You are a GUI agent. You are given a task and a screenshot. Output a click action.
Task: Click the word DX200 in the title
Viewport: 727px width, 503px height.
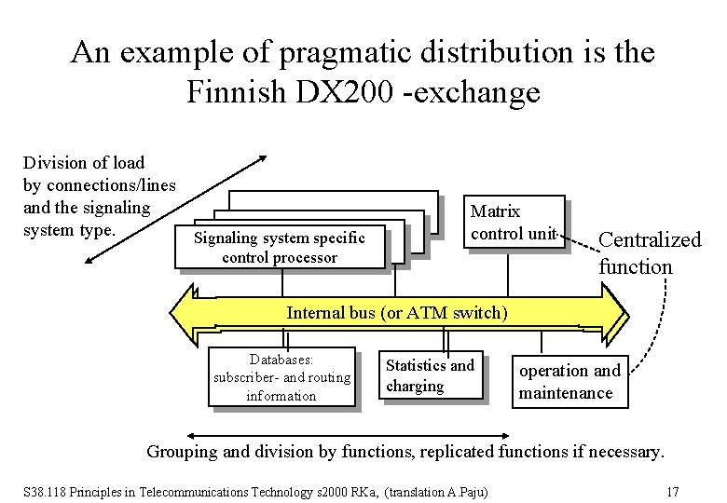pyautogui.click(x=315, y=92)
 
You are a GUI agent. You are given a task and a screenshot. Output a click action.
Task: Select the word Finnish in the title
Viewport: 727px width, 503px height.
pyautogui.click(x=228, y=92)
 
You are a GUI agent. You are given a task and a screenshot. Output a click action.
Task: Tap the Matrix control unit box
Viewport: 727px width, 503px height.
pyautogui.click(x=515, y=223)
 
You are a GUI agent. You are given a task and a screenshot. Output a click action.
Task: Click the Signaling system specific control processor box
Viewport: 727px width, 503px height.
pyautogui.click(x=280, y=247)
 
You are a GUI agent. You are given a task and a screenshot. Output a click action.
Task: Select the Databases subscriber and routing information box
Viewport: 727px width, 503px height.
pyautogui.click(x=281, y=377)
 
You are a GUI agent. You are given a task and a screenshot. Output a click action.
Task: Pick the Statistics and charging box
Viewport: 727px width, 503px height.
pyautogui.click(x=430, y=374)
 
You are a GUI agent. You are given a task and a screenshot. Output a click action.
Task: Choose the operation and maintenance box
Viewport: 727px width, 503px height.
pyautogui.click(x=569, y=381)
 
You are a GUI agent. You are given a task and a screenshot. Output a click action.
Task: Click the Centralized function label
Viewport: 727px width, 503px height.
pyautogui.click(x=649, y=253)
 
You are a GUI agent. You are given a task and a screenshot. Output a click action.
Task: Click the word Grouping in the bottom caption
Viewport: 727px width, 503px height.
pyautogui.click(x=184, y=453)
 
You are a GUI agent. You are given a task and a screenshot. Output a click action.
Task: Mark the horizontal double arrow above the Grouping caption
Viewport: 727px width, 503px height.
pyautogui.click(x=348, y=434)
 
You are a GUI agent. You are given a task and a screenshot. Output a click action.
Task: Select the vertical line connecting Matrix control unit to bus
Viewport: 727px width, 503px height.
pyautogui.click(x=507, y=269)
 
